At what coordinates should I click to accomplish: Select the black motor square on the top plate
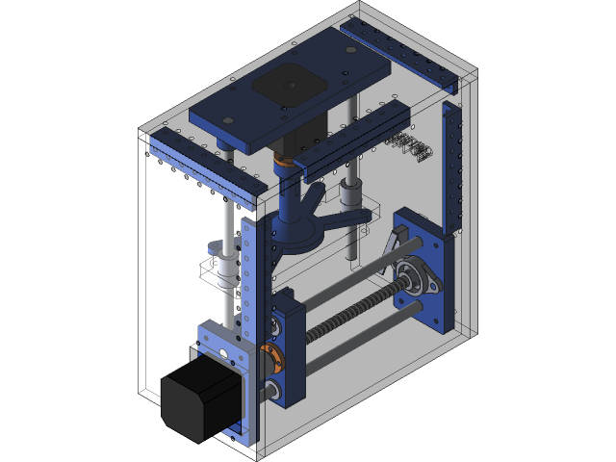[x=288, y=85]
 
